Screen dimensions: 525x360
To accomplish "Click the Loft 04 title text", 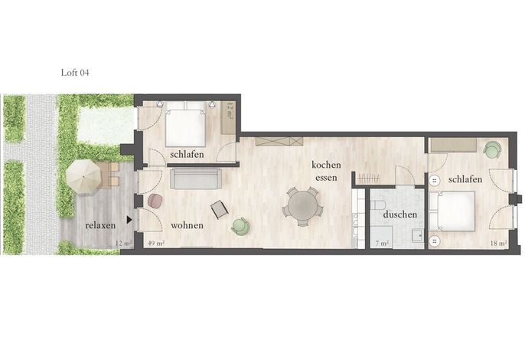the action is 75,73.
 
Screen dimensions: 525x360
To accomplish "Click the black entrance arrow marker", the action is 129,220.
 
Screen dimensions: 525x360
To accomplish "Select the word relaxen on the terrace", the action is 100,225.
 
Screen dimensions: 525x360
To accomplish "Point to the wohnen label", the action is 187,225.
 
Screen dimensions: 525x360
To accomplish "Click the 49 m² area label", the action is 156,244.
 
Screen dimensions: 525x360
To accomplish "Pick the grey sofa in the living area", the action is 196,178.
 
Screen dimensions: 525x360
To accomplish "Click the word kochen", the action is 326,165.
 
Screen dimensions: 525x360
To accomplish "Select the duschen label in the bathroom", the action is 400,214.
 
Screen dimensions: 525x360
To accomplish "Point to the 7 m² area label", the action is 382,244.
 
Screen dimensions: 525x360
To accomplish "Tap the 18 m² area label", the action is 498,244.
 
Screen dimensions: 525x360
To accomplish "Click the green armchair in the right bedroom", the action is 492,149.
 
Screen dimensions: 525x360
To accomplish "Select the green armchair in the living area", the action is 240,226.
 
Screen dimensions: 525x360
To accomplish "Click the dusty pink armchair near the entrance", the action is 155,201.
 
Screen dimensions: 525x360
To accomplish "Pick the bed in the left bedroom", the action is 185,124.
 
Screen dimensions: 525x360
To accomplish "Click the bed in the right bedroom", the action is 452,211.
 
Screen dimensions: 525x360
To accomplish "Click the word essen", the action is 326,178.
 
